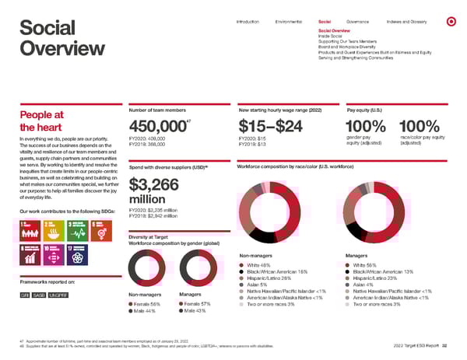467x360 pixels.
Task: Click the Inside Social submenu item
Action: (x=330, y=35)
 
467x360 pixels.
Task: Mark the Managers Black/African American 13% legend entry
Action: (x=378, y=271)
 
